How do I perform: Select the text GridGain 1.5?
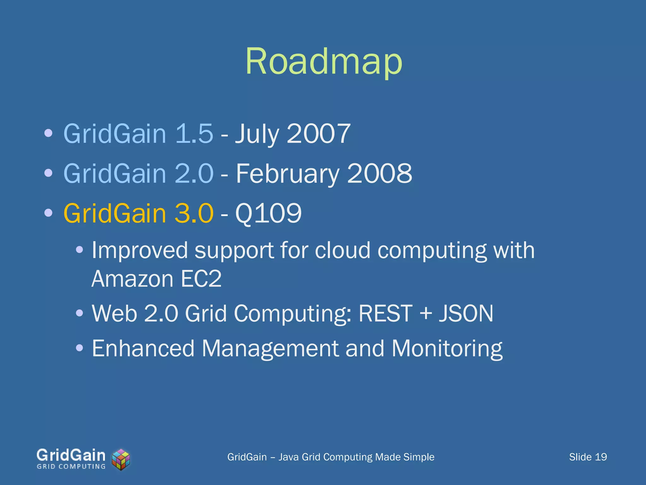(138, 134)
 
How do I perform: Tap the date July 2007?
(293, 134)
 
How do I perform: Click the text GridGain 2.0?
(138, 173)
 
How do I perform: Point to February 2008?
(324, 173)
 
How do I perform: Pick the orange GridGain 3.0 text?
(138, 213)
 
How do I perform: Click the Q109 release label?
(268, 213)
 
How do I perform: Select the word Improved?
(139, 250)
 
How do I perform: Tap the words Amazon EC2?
(156, 279)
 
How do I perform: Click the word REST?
(385, 314)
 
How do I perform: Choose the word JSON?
(466, 314)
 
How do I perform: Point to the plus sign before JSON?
(426, 314)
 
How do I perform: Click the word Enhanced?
(143, 349)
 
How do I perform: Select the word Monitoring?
(447, 349)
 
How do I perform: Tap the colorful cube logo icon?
(121, 459)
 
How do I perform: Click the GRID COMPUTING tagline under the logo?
(71, 466)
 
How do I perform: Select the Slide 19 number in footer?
(588, 457)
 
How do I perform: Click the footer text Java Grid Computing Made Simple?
(356, 457)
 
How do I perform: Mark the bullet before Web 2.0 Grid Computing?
(80, 314)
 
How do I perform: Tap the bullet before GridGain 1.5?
(48, 134)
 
